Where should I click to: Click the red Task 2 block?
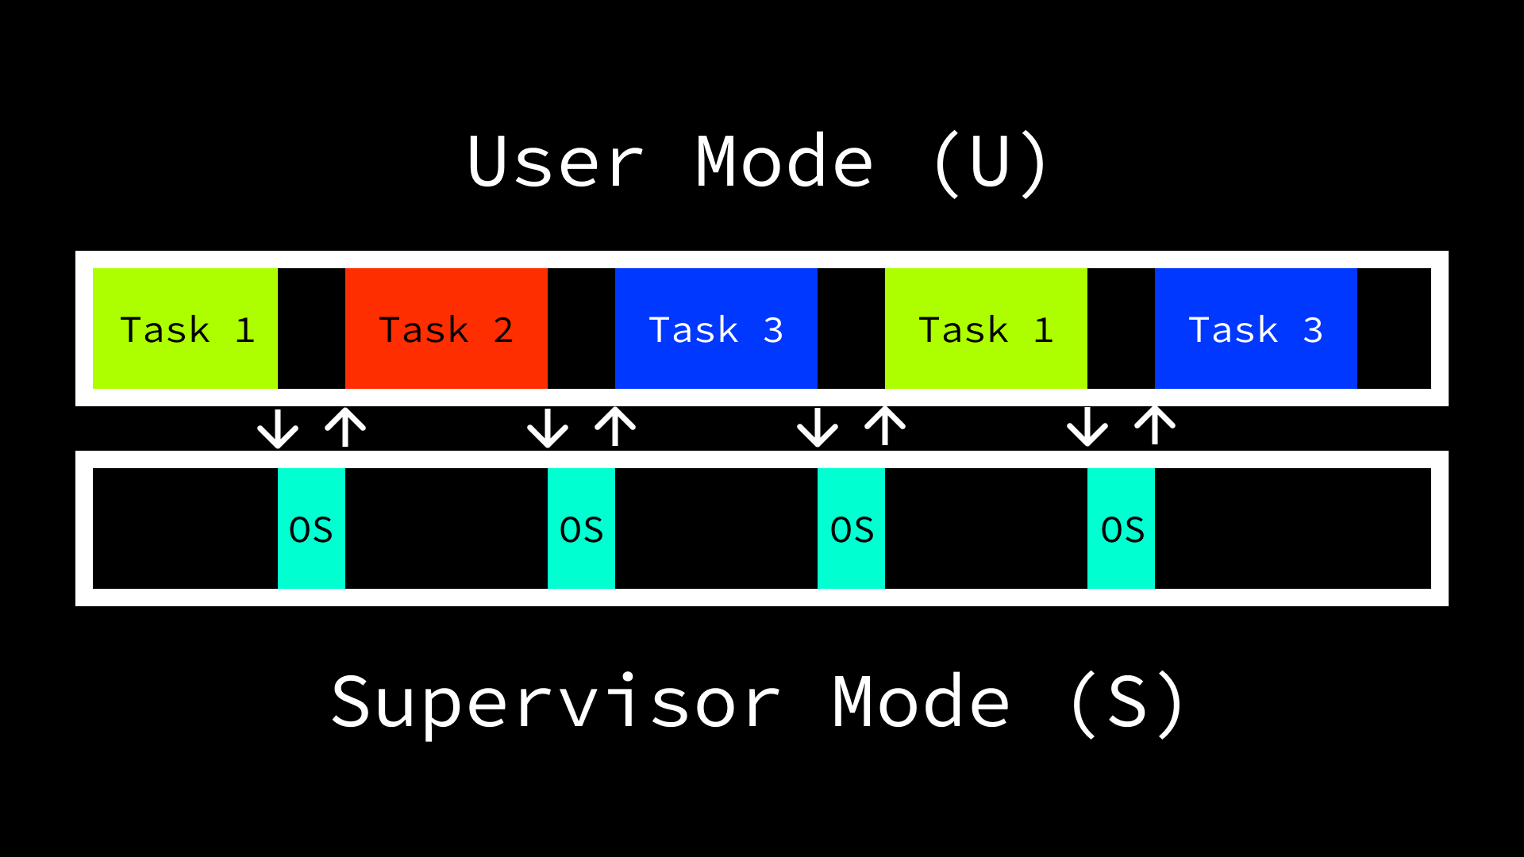(x=446, y=329)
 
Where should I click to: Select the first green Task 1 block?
(x=185, y=329)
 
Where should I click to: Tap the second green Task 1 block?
(x=986, y=329)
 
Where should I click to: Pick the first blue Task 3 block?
(x=716, y=329)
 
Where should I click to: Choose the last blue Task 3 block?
(x=1256, y=329)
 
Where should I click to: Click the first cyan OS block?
(x=311, y=528)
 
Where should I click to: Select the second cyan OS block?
(x=581, y=528)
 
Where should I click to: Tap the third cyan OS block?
(x=851, y=528)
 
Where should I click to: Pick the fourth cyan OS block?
(x=1121, y=528)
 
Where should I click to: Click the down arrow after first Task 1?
(x=278, y=428)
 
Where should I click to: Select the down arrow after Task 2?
(x=548, y=428)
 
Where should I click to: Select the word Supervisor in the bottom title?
(x=556, y=702)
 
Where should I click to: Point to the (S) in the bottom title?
(x=1127, y=702)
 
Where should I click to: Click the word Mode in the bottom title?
(x=921, y=702)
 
